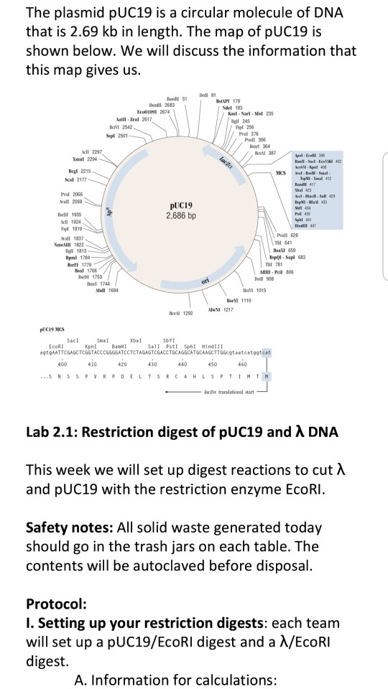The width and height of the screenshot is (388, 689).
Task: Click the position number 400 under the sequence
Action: pyautogui.click(x=62, y=364)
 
